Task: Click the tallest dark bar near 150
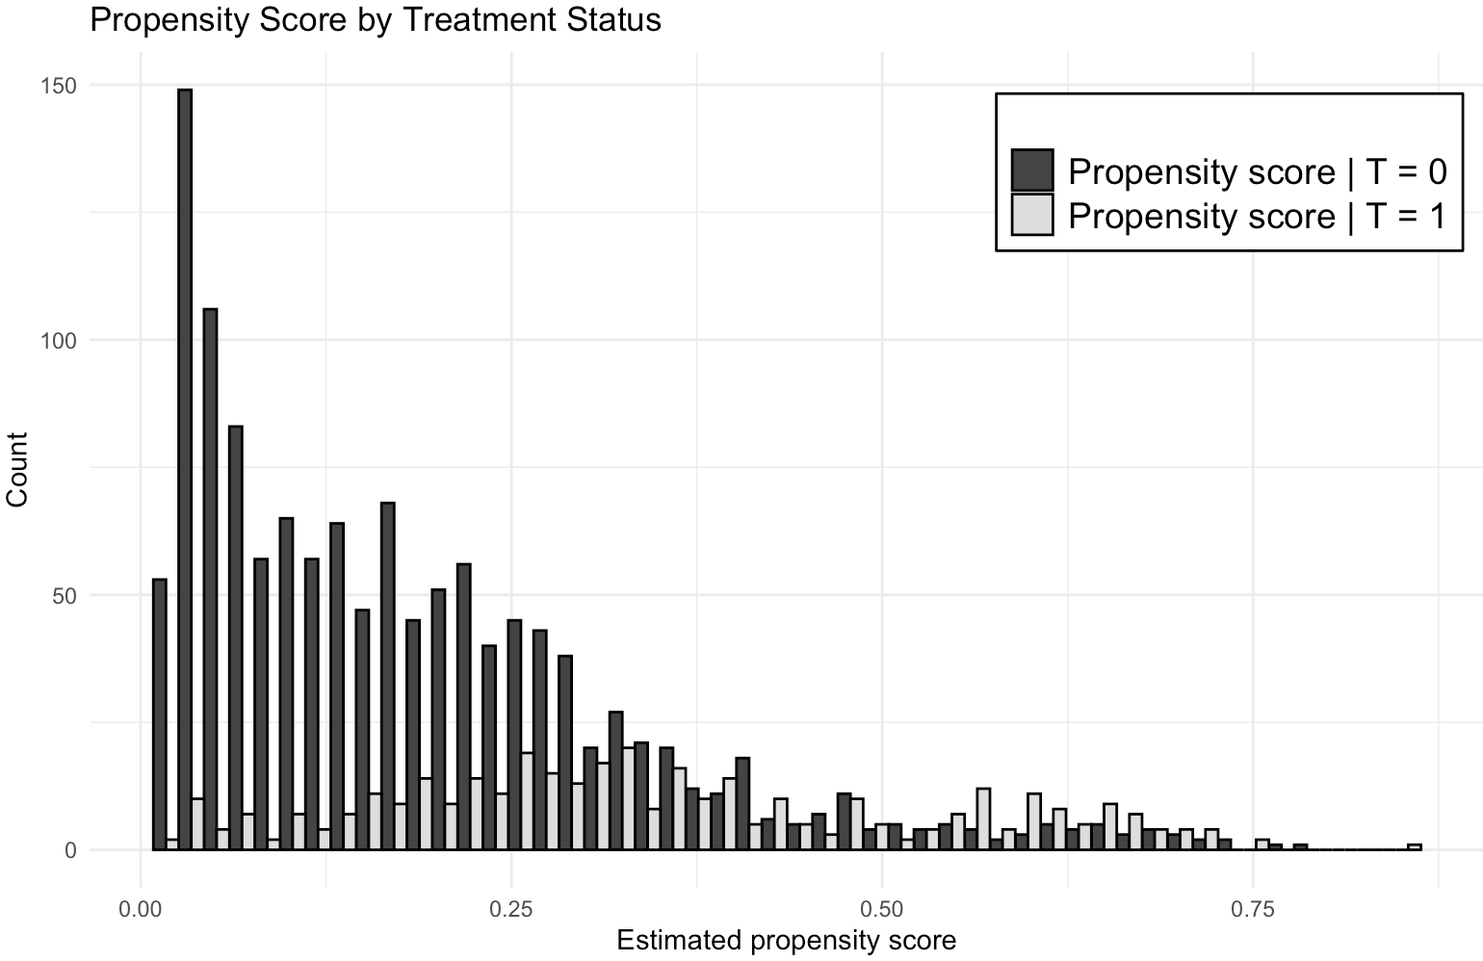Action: pos(185,469)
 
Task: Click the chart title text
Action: pos(376,20)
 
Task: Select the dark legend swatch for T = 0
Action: pos(1032,170)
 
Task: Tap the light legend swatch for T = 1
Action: pos(1032,215)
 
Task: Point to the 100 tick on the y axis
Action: pos(59,342)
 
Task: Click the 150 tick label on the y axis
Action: pos(59,86)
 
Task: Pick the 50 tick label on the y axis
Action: pos(65,596)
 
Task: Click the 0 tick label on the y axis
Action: pos(71,851)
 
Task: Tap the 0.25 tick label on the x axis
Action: pos(511,910)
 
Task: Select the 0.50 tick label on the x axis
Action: pos(882,910)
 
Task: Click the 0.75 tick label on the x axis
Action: pos(1253,910)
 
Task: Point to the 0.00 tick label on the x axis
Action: pos(141,910)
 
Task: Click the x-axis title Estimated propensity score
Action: pos(787,941)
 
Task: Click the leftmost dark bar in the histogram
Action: pos(160,714)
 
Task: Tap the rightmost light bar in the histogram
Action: pos(1415,847)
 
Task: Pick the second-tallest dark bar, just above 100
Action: pos(211,579)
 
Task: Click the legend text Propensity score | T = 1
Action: pos(1258,217)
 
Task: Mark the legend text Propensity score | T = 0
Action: pos(1258,172)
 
